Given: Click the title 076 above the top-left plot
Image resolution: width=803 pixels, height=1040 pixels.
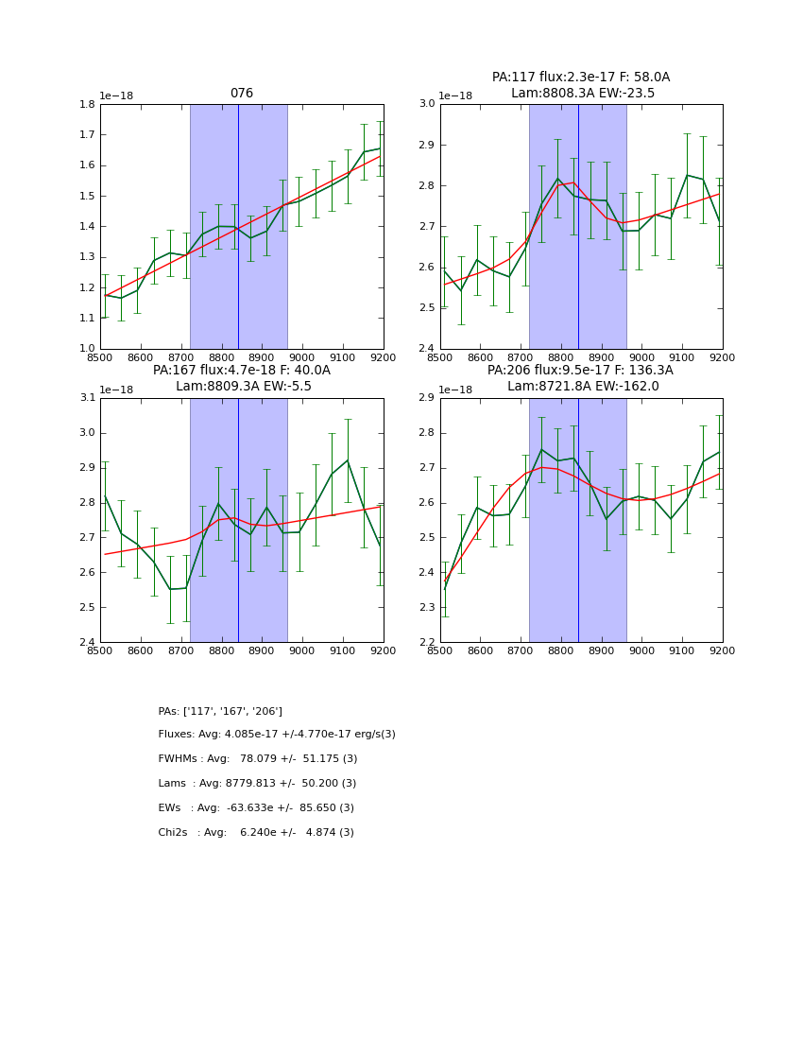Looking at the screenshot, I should click(242, 94).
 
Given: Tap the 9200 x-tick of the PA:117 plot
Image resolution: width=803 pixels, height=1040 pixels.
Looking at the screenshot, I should click(722, 357).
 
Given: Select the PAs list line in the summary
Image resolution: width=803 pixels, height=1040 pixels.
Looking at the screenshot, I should click(220, 711).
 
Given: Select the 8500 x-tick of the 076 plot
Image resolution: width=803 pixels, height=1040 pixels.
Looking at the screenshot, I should click(100, 357).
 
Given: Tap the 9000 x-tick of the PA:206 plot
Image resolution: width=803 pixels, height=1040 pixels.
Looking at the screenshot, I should click(641, 651).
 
